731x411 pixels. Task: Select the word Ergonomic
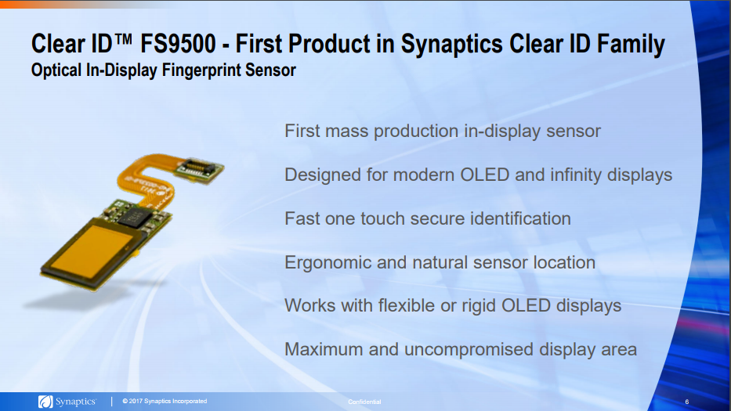[328, 262]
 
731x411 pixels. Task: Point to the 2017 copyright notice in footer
[165, 402]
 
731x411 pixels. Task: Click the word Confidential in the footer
[364, 402]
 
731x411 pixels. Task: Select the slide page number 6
[686, 402]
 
